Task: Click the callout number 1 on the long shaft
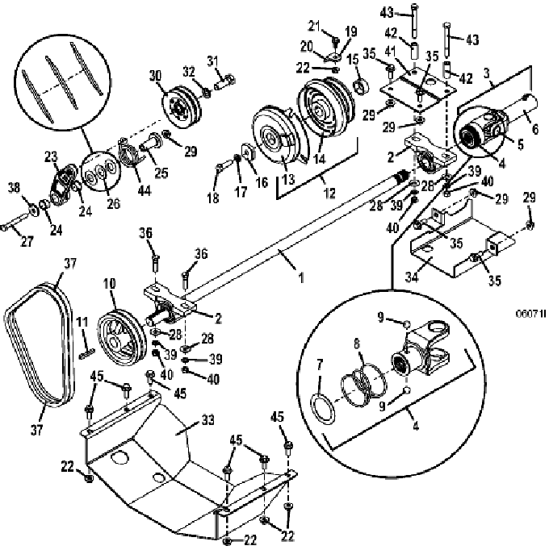(300, 277)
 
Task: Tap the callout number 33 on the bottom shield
(208, 420)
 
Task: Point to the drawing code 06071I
(530, 313)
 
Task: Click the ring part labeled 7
(323, 408)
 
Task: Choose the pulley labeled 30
(182, 106)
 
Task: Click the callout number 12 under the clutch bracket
(329, 193)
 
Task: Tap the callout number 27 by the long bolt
(27, 241)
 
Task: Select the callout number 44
(144, 190)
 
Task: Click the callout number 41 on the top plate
(390, 52)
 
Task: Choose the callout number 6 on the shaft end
(535, 129)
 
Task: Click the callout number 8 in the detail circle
(357, 344)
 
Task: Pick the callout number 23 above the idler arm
(51, 156)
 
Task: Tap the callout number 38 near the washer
(14, 188)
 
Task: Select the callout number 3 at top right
(486, 73)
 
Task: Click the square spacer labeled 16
(249, 153)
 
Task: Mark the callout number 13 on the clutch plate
(288, 179)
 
